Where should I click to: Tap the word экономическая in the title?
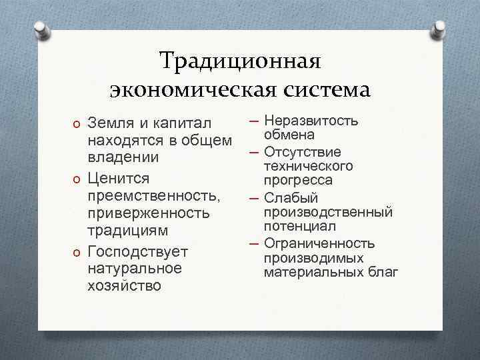(177, 89)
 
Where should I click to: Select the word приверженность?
(149, 214)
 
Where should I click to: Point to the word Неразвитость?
(311, 121)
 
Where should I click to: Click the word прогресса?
(298, 181)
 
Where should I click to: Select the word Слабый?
(291, 198)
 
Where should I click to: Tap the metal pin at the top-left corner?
(42, 29)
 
